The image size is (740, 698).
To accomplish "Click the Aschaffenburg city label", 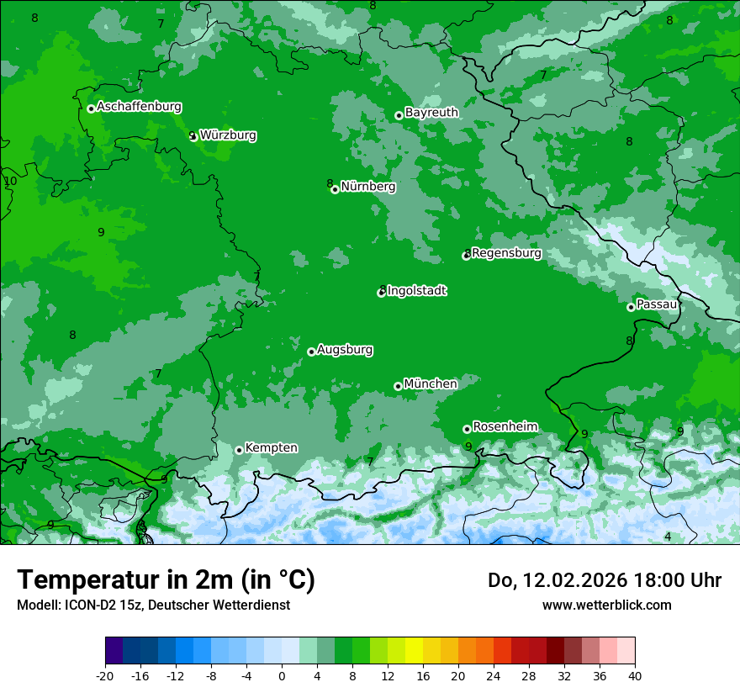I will (139, 107).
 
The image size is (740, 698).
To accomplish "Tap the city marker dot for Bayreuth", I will (399, 115).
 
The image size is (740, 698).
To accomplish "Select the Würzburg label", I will (228, 135).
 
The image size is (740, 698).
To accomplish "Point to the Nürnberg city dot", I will (335, 189).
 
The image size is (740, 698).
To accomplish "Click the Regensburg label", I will (506, 253).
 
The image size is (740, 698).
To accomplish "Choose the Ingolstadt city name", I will (416, 291).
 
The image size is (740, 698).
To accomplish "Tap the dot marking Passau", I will (631, 307).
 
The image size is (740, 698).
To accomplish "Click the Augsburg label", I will (345, 350).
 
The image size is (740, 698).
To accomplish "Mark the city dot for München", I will (398, 386).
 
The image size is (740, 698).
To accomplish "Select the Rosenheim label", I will (505, 427).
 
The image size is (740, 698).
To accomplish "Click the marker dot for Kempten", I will (239, 450).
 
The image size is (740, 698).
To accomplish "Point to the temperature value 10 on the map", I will (10, 181).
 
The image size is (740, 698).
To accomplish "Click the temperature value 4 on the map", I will (668, 537).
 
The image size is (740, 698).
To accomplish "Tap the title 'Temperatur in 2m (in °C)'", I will (166, 580).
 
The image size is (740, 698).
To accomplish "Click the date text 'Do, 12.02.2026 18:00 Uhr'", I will (604, 580).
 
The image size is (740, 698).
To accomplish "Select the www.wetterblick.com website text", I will (606, 605).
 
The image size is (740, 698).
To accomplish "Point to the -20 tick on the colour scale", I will (105, 675).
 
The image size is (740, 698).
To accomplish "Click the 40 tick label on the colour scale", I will (634, 675).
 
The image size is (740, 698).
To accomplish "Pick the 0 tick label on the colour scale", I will (282, 675).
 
